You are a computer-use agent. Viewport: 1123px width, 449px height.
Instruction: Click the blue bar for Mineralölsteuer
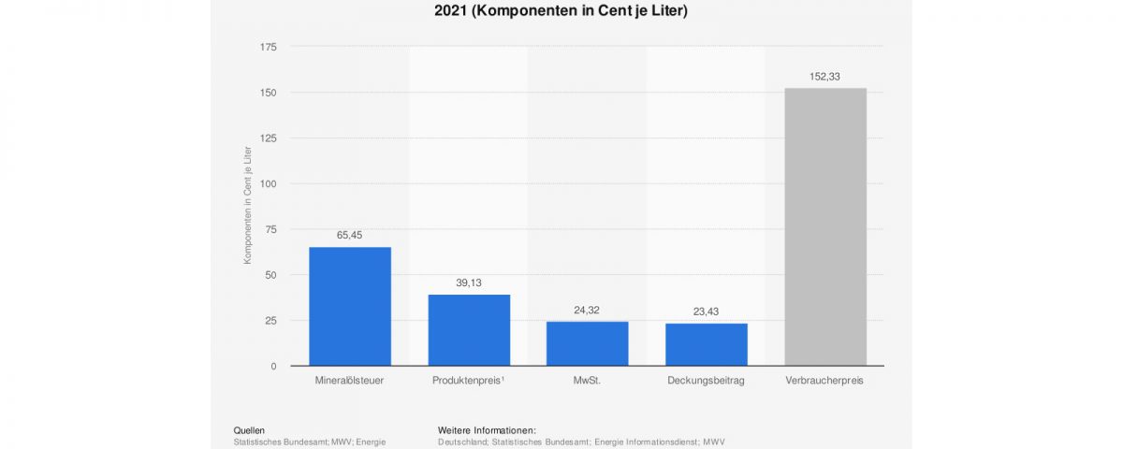click(349, 306)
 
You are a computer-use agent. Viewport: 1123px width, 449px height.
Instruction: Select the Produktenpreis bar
click(469, 329)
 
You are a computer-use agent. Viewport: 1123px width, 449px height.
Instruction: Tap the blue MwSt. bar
click(587, 343)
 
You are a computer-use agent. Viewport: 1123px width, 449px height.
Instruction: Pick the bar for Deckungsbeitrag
click(706, 344)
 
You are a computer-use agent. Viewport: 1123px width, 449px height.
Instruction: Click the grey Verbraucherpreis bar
click(824, 226)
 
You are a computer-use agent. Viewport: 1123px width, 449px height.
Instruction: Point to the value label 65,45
click(349, 236)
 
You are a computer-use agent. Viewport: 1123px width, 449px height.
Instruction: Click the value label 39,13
click(469, 282)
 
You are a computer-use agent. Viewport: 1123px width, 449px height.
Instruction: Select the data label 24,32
click(587, 310)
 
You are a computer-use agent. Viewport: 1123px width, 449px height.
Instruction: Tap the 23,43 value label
click(706, 311)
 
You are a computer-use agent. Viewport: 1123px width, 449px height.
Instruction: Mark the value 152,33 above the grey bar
click(824, 77)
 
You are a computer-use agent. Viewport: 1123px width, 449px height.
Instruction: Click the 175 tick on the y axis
click(268, 47)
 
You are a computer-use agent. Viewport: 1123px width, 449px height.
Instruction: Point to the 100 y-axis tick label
click(268, 183)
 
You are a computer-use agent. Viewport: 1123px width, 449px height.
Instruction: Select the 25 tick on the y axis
click(270, 320)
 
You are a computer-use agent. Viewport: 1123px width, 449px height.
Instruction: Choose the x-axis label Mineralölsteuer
click(349, 382)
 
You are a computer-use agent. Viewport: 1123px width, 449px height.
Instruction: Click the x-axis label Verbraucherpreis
click(824, 382)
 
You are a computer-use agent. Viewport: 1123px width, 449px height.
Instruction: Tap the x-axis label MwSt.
click(587, 382)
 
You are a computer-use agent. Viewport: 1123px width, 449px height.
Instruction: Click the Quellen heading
click(249, 430)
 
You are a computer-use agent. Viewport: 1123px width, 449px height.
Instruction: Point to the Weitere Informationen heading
click(487, 430)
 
